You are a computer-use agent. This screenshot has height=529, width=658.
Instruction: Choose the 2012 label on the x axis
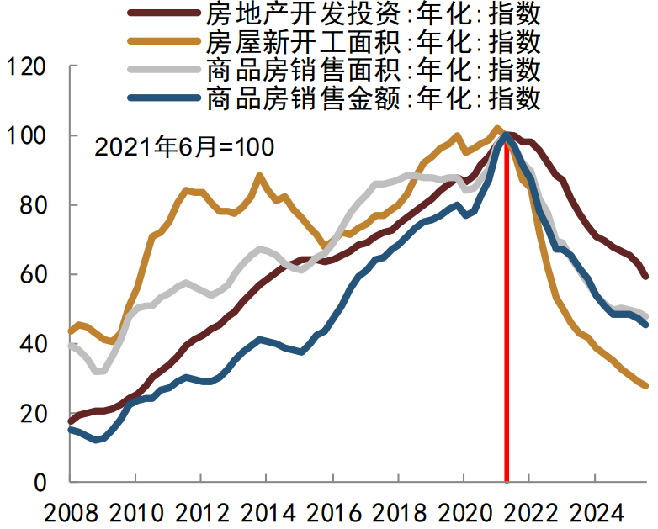tap(200, 512)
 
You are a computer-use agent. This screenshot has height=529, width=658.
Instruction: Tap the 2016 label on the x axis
tap(332, 512)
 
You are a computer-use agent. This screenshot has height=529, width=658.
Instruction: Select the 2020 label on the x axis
tap(463, 512)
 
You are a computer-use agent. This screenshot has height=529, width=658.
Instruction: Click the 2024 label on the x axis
tap(594, 512)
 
